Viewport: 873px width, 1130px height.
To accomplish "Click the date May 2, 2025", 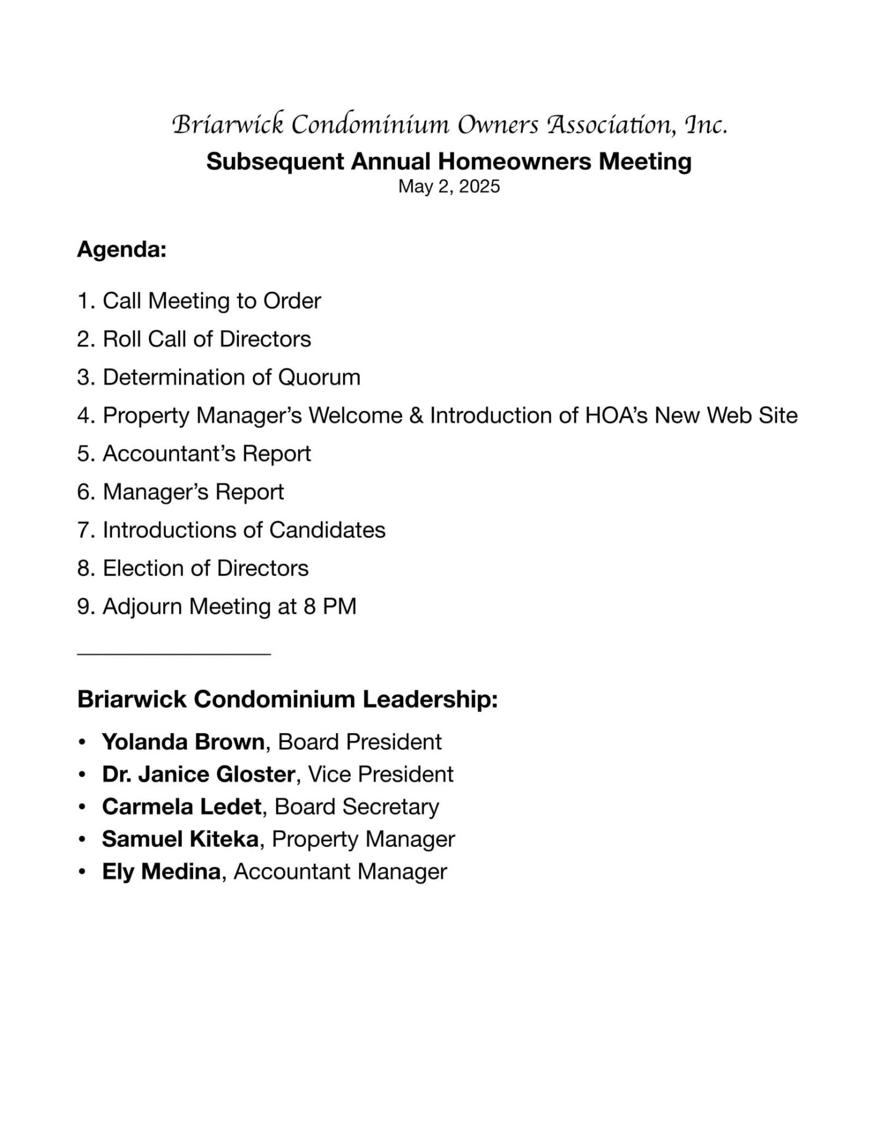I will tap(449, 187).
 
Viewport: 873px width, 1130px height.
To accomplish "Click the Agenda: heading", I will tap(122, 250).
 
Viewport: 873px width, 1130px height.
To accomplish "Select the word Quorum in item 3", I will tap(319, 377).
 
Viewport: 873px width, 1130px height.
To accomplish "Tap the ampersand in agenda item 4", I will tap(416, 416).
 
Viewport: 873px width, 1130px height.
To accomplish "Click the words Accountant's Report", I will tap(207, 454).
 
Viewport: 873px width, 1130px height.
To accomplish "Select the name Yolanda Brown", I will tap(183, 742).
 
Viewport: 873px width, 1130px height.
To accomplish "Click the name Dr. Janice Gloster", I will tap(198, 775).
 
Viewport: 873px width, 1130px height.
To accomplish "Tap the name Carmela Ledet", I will tap(181, 807).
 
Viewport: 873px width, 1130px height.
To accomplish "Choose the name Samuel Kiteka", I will tap(180, 839).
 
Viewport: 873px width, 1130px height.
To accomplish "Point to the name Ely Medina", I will tap(161, 872).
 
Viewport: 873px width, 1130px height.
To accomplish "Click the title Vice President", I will tap(381, 775).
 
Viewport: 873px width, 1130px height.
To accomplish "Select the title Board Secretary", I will tap(357, 807).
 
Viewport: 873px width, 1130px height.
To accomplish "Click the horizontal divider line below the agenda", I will tap(174, 653).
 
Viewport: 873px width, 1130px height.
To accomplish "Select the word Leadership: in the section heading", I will tap(430, 700).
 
